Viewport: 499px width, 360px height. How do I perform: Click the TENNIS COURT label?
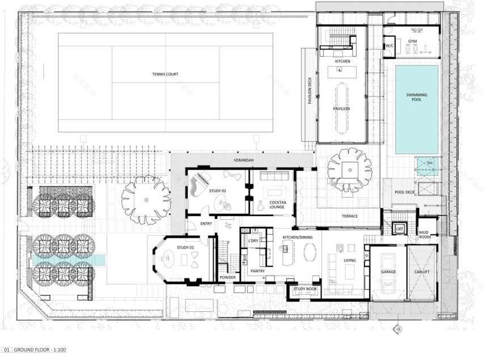165,74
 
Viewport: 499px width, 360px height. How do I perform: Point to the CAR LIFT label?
421,272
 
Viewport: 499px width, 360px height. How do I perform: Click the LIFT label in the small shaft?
399,227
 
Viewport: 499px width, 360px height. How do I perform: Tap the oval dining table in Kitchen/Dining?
311,253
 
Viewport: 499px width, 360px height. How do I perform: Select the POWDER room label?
227,277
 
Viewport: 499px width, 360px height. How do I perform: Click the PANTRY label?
258,272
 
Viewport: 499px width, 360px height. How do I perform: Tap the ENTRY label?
206,223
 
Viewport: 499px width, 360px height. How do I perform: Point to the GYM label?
412,41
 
